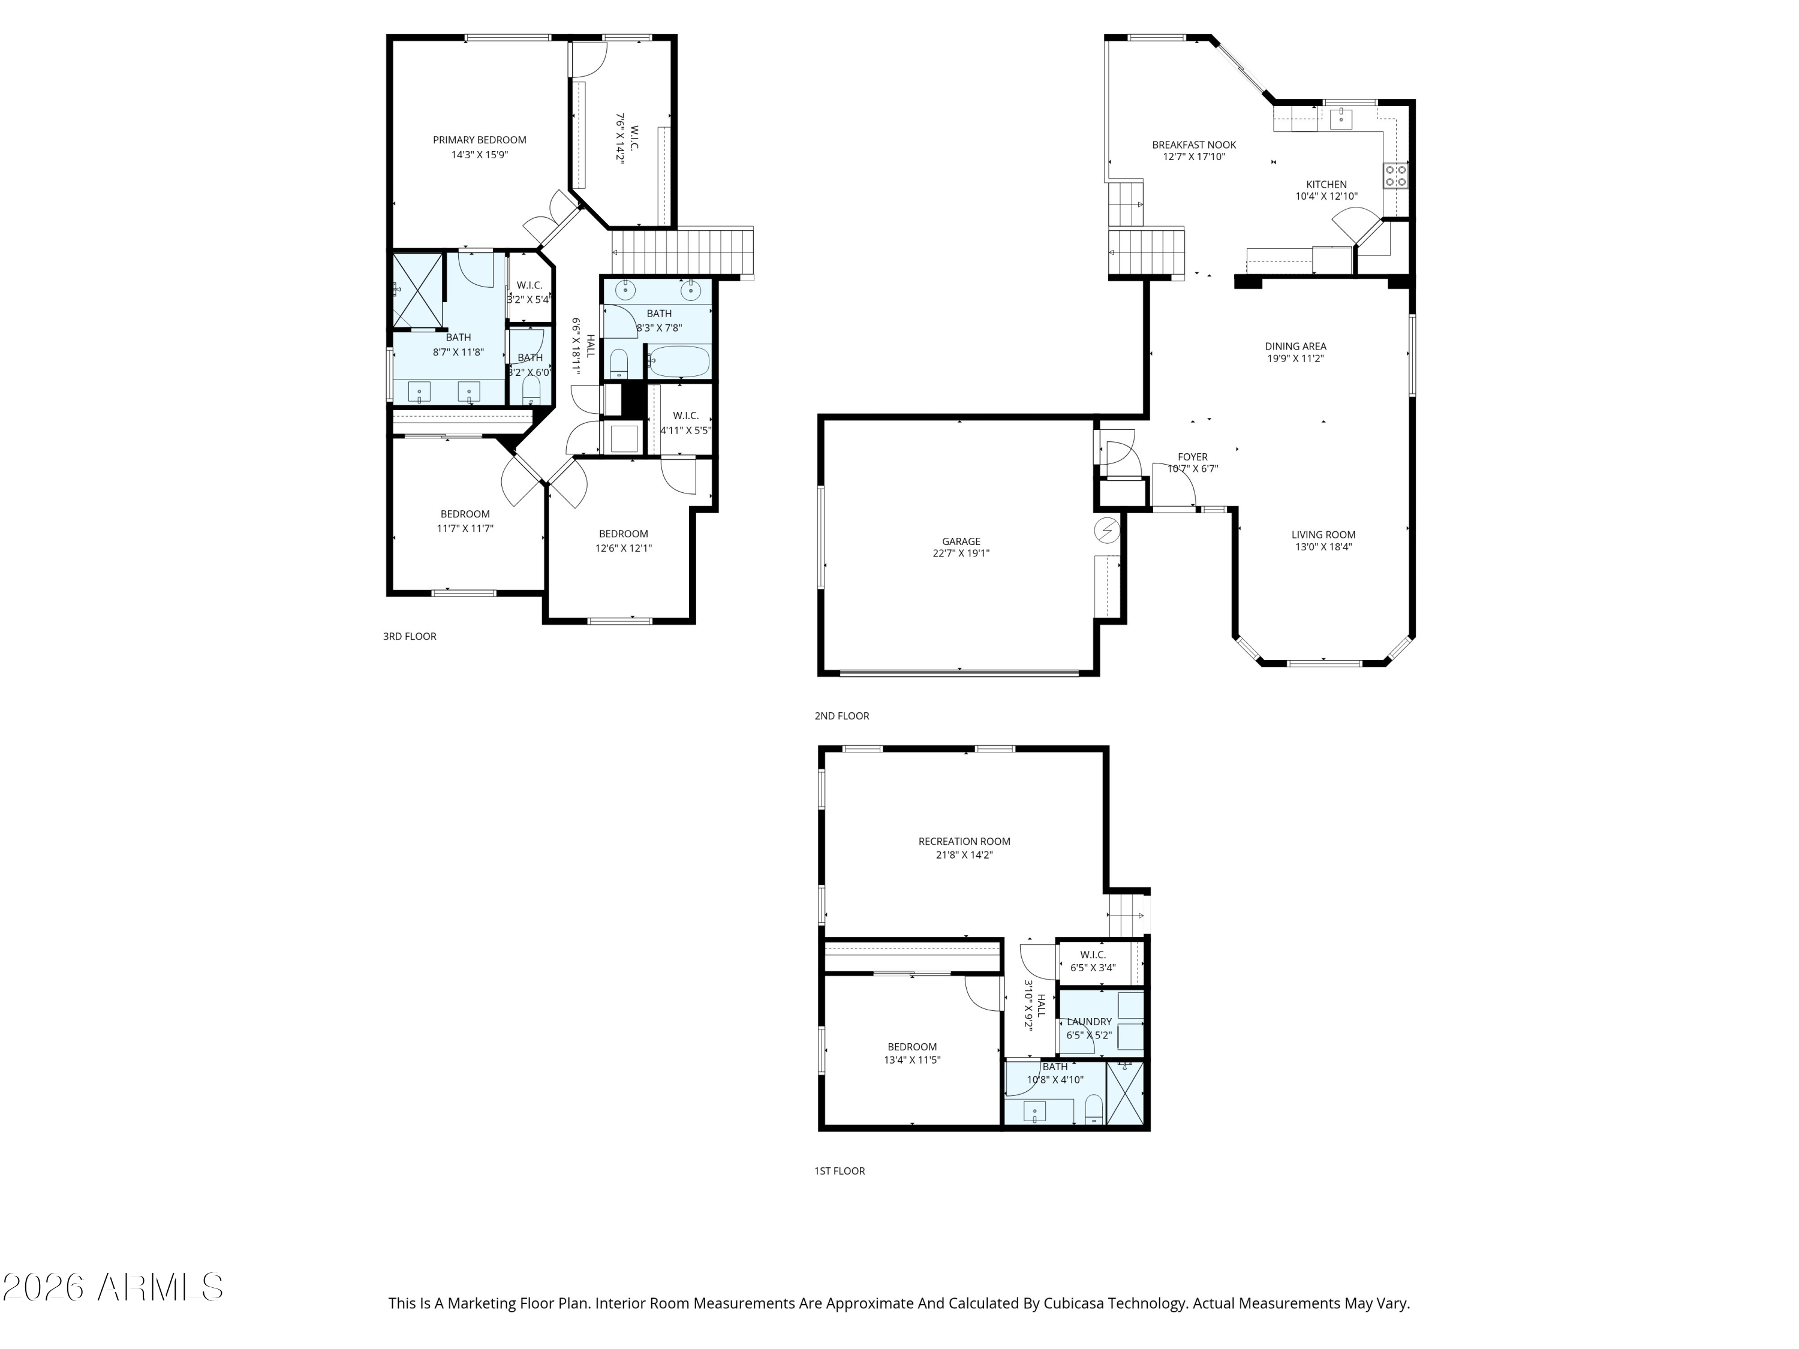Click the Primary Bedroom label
(x=479, y=140)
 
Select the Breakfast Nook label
(x=1193, y=144)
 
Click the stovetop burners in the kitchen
(x=1395, y=176)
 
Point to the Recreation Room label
(x=964, y=842)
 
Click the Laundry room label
(x=1088, y=1022)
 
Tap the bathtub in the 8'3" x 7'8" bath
(x=679, y=361)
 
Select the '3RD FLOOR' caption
(x=410, y=637)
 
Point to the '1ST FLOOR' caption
(x=840, y=1171)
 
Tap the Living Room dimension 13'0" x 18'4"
(x=1323, y=547)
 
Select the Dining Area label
(x=1295, y=347)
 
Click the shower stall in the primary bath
(x=418, y=290)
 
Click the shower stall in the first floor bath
(x=1126, y=1094)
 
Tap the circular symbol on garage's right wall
(x=1107, y=531)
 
